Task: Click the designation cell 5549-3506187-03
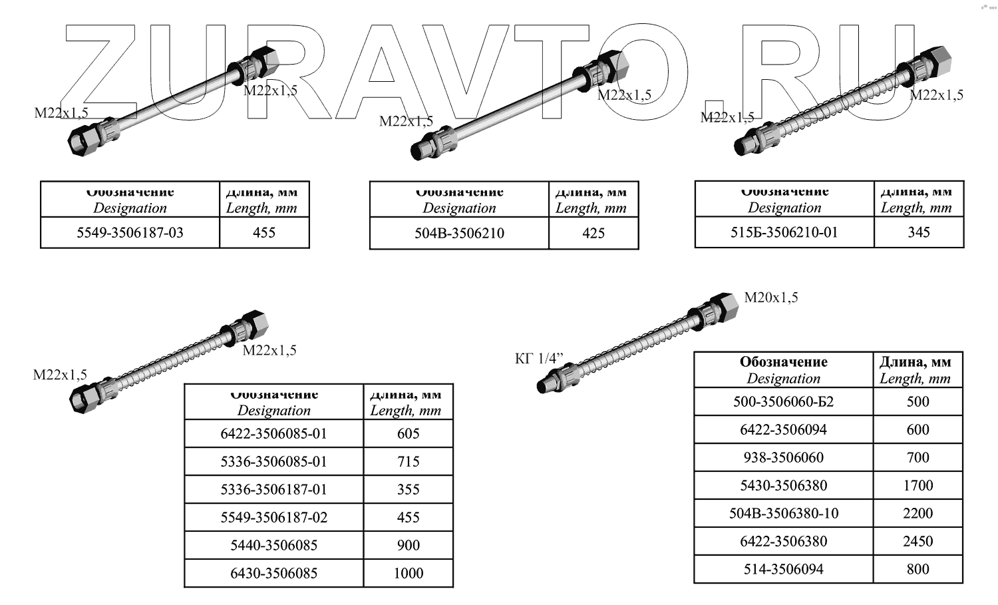pos(130,233)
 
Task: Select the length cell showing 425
pos(593,233)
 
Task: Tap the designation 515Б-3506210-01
pos(784,232)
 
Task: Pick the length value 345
pos(918,232)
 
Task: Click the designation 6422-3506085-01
pos(273,434)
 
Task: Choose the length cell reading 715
pos(408,462)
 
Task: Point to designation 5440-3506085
pos(273,546)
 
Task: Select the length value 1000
pos(408,574)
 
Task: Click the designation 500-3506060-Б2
pos(783,402)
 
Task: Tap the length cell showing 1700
pos(917,486)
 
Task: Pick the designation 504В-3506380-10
pos(783,514)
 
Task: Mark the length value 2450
pos(917,542)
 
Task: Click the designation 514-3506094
pos(783,570)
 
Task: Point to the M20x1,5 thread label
pos(770,298)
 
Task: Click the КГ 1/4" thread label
pos(539,359)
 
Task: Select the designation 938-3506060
pos(783,458)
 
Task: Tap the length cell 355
pos(408,490)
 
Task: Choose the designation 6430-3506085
pos(273,574)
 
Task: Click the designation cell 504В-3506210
pos(459,233)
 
